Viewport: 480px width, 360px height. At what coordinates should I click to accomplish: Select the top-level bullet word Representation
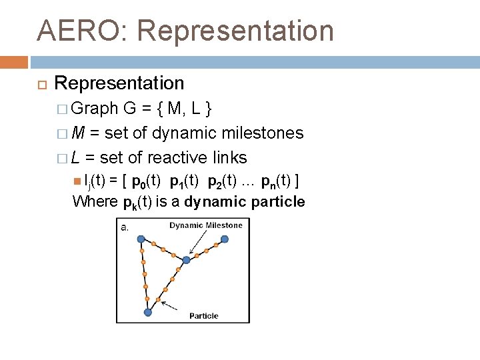click(119, 84)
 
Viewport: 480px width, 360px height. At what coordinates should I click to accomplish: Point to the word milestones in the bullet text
click(262, 133)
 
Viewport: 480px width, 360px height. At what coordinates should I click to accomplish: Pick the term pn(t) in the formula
click(273, 180)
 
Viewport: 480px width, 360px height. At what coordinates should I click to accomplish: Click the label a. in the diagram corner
click(124, 227)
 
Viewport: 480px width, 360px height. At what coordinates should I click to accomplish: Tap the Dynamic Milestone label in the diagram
click(206, 225)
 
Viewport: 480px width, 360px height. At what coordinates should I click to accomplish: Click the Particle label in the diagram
click(204, 315)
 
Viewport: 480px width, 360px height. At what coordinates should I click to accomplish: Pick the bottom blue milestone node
click(148, 311)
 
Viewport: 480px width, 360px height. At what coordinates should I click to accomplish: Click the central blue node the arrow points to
click(187, 259)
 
